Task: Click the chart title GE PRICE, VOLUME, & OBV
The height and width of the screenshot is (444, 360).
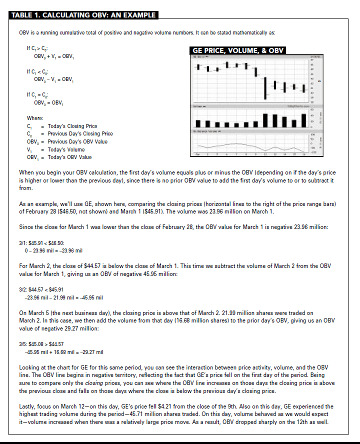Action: click(238, 50)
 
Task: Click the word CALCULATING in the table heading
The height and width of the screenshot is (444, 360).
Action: click(57, 15)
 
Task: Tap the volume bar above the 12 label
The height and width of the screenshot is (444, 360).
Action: click(265, 120)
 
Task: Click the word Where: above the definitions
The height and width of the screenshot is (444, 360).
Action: click(34, 118)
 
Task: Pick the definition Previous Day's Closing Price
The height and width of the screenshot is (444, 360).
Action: click(80, 133)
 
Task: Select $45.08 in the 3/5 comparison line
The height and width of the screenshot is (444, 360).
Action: click(36, 344)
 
